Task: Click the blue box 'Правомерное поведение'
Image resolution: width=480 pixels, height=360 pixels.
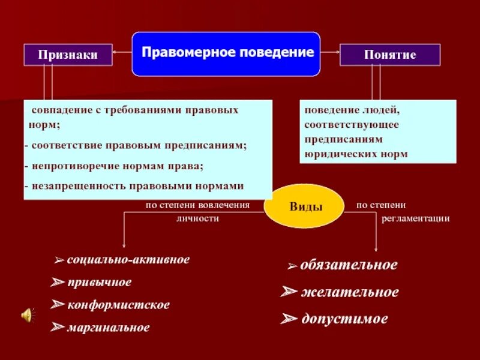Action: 226,53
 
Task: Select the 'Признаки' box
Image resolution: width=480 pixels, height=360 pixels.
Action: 68,55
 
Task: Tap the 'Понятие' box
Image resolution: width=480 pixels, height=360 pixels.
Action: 390,55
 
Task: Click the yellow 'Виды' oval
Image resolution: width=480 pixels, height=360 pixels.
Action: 306,206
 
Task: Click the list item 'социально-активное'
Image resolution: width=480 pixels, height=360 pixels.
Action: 128,260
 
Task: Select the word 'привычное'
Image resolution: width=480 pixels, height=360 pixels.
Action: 100,282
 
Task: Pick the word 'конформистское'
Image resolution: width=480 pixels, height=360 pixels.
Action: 118,305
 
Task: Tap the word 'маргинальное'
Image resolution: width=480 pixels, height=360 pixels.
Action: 109,328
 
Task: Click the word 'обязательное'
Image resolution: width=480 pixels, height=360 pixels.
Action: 349,265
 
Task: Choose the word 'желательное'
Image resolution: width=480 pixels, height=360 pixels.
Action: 350,292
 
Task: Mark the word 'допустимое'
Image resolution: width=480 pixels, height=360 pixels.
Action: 344,319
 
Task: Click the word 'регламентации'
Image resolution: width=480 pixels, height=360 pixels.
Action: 415,218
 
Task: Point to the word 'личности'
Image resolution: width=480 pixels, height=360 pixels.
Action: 197,218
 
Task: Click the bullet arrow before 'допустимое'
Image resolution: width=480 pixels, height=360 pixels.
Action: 290,320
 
